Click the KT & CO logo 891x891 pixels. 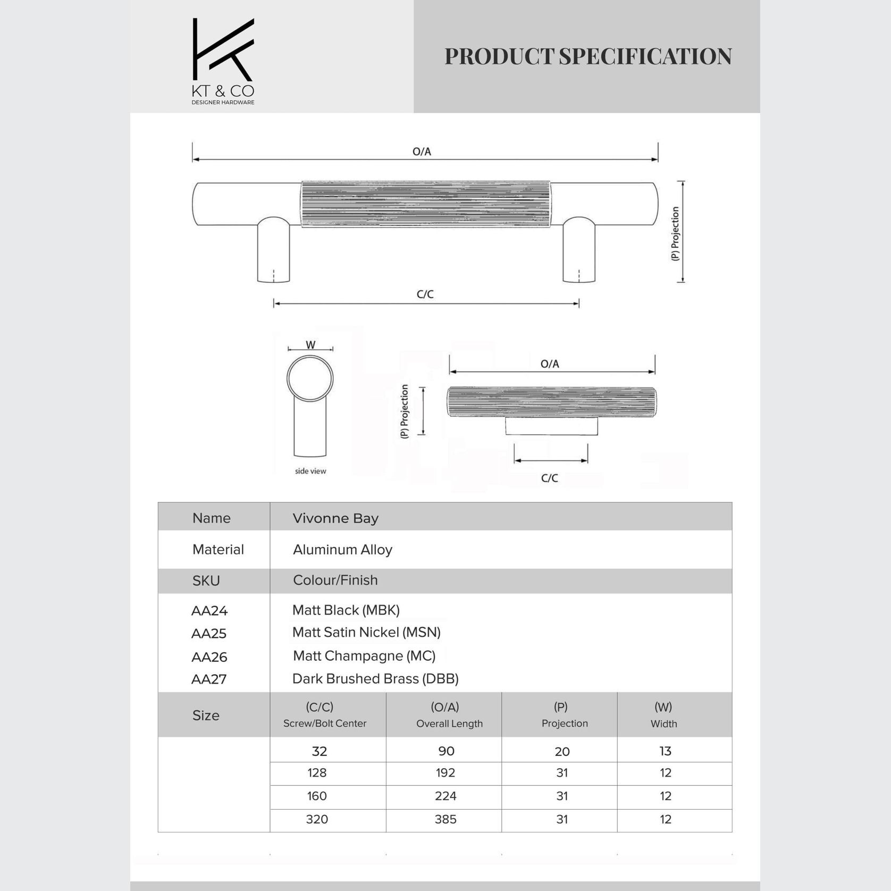click(223, 61)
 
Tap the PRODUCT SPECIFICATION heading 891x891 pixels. click(588, 56)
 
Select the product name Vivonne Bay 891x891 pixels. click(335, 518)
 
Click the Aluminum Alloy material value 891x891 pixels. click(342, 549)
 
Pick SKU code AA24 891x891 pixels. click(209, 611)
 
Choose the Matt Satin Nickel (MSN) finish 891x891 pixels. click(366, 632)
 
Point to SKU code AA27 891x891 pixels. click(209, 679)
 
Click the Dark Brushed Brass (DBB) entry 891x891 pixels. click(375, 679)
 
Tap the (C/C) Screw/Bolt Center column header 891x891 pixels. click(324, 715)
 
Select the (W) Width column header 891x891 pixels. click(663, 715)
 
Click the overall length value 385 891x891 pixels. click(445, 819)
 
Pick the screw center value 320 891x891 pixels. click(317, 819)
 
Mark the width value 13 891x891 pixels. click(665, 751)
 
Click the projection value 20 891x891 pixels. click(562, 751)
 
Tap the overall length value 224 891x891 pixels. click(445, 796)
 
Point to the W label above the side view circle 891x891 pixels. click(310, 345)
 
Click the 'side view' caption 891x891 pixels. click(310, 471)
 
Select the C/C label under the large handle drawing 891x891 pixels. click(425, 294)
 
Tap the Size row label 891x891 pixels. click(206, 715)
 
